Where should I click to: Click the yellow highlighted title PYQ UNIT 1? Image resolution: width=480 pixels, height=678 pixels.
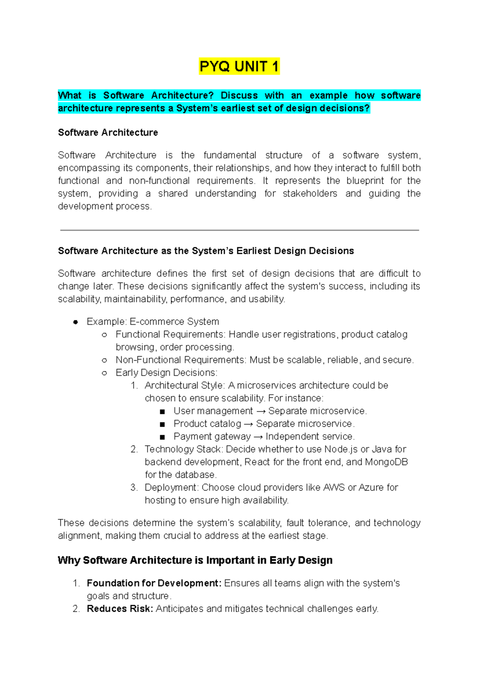[x=239, y=66]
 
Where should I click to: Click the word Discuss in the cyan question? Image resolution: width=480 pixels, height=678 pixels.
[x=239, y=95]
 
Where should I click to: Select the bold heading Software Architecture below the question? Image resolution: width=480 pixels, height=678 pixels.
[x=108, y=132]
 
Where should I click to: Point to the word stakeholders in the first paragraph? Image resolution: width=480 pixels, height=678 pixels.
[x=310, y=193]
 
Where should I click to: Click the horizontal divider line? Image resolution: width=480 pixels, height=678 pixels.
[x=239, y=230]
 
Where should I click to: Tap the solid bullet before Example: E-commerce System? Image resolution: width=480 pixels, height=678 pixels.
[x=76, y=322]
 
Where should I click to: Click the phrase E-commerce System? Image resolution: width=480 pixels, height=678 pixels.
[x=174, y=322]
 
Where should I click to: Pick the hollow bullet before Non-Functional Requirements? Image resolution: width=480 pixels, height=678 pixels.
[x=104, y=360]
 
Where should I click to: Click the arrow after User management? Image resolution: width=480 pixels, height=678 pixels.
[x=260, y=411]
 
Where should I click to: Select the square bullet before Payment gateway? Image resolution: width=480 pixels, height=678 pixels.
[x=162, y=437]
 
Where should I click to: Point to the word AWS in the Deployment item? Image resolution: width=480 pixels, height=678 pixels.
[x=334, y=487]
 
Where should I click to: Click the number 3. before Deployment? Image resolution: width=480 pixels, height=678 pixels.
[x=134, y=487]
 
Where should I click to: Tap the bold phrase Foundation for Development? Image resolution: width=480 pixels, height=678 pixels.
[x=154, y=583]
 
